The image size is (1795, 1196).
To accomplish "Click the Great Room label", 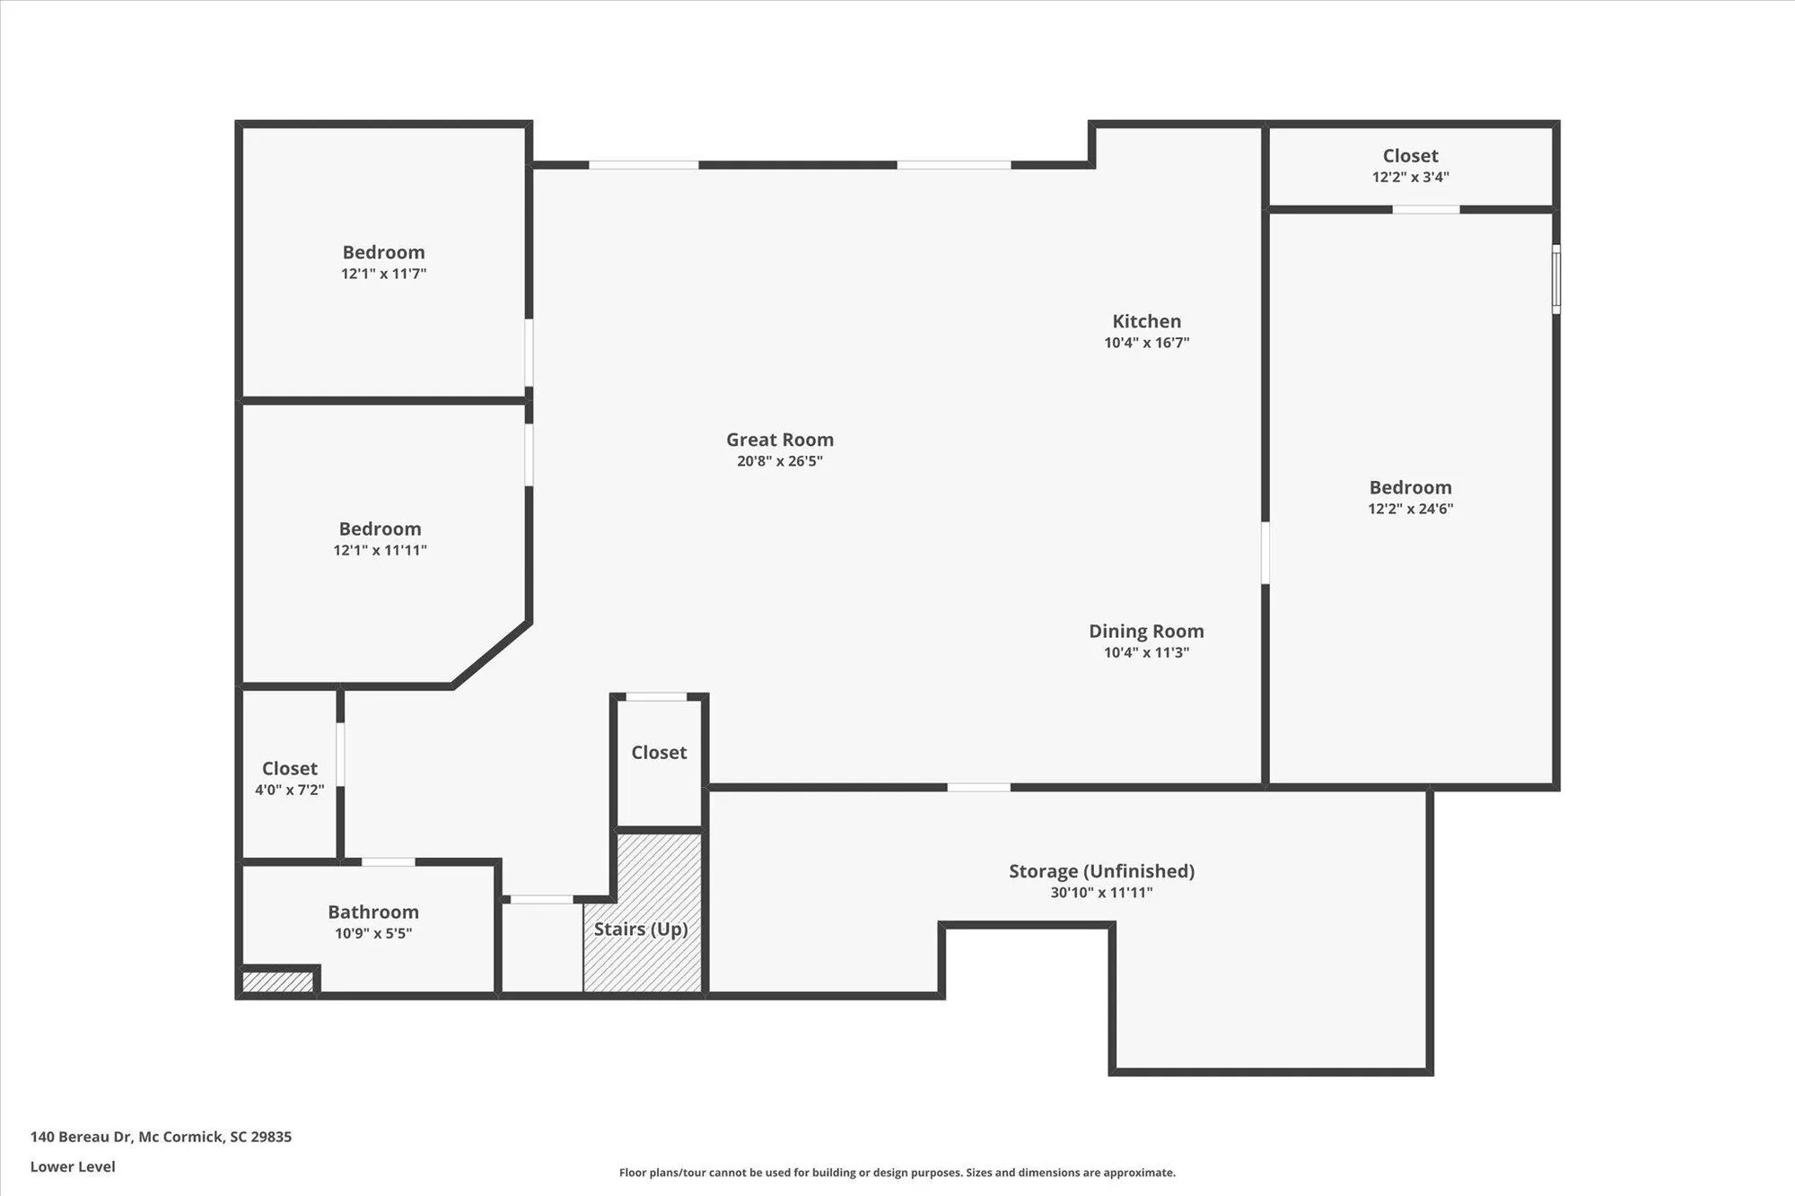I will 779,440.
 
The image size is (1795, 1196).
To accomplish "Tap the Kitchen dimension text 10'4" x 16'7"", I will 1146,343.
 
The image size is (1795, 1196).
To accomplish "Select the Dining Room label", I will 1146,632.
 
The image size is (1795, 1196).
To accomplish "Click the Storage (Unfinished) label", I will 1101,871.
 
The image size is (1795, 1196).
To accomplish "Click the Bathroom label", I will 373,912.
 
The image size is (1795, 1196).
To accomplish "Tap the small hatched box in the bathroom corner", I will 277,982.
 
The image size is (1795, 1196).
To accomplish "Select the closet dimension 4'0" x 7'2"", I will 289,790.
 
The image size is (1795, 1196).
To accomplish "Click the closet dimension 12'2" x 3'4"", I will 1410,178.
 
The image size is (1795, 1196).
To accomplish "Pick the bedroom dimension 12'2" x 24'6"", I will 1410,509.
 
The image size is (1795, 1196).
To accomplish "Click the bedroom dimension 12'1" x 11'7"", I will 383,274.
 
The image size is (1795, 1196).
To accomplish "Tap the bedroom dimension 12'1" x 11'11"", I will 380,550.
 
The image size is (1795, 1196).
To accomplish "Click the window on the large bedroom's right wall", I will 1556,279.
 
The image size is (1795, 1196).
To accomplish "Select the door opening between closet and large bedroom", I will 1425,209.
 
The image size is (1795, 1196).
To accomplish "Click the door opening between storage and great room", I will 978,787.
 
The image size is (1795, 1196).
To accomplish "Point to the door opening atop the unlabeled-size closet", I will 656,696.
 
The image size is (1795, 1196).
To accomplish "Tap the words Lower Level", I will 73,1166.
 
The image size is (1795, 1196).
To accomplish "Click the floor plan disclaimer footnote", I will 897,1173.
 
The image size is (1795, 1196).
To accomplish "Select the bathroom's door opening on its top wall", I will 388,861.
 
